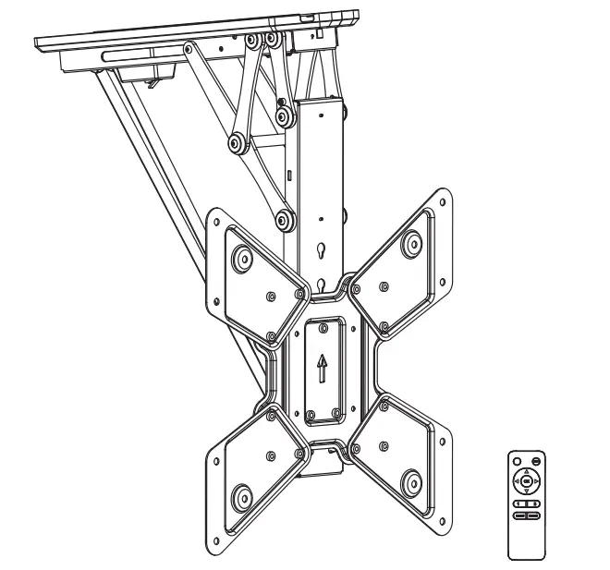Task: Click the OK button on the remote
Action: pos(526,481)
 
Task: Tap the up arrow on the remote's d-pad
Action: pos(526,471)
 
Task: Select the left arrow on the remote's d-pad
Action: pos(516,481)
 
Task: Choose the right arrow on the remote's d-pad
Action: pos(537,481)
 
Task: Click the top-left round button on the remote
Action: pos(516,459)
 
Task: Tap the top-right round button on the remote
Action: pos(537,459)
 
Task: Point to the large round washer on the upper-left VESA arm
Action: pos(242,257)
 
